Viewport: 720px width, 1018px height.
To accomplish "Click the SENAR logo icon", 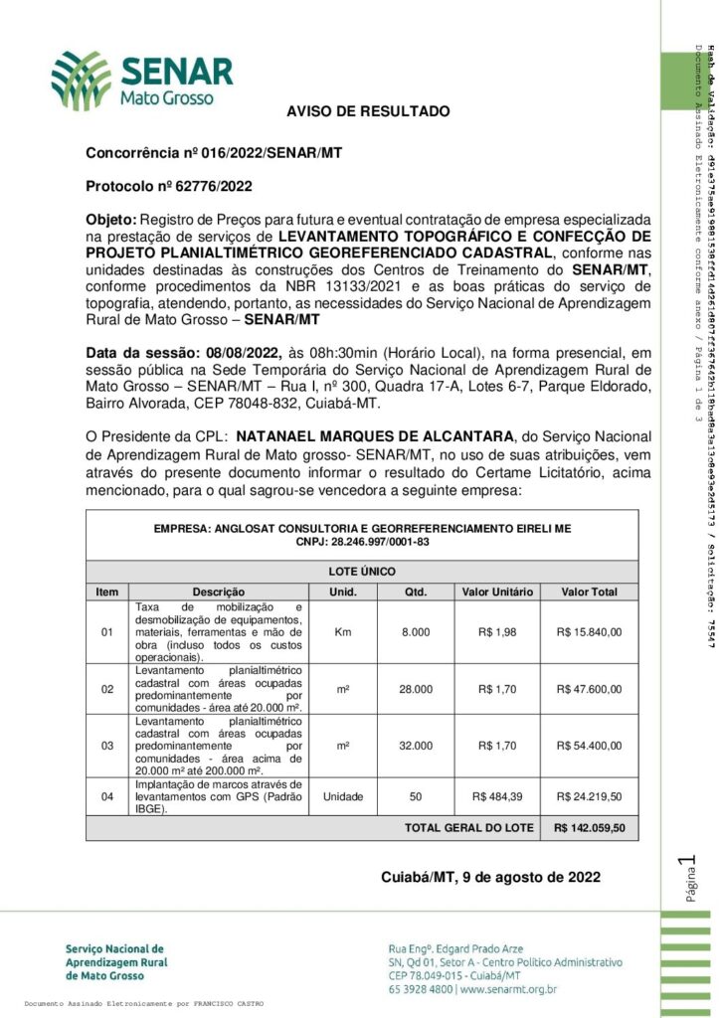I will tap(82, 81).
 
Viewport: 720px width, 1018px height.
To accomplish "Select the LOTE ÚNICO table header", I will tap(362, 572).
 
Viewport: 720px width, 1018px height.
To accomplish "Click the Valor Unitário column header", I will tap(497, 592).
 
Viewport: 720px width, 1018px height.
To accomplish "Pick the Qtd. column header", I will tap(416, 592).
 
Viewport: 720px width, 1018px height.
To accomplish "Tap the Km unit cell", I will tap(343, 631).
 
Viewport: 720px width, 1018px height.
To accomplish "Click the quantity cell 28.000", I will tap(416, 689).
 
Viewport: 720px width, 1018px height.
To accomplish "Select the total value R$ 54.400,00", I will tap(590, 745).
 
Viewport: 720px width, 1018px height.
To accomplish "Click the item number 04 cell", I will tap(107, 796).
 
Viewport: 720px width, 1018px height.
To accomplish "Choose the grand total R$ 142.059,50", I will tap(590, 827).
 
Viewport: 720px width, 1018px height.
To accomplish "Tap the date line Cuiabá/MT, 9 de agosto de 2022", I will tap(490, 877).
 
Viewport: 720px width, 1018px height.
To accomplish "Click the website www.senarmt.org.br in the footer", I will tap(508, 989).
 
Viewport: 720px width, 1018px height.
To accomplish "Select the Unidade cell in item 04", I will tap(343, 796).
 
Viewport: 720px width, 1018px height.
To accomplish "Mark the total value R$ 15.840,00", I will tap(590, 631).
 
